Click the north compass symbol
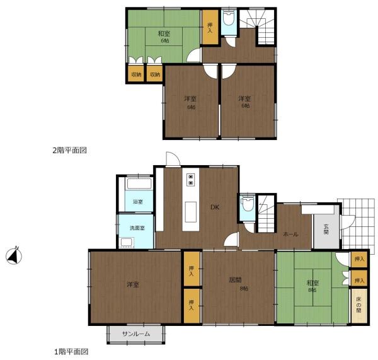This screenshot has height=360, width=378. coord(14,256)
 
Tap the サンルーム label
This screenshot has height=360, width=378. coord(136,334)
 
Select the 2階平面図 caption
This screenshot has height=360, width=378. coord(70,150)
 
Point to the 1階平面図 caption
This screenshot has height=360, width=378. coord(71,352)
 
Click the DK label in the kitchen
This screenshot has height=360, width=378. coord(215,207)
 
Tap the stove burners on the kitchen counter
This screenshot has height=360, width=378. coord(191,180)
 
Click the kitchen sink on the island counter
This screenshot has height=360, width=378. coord(191,212)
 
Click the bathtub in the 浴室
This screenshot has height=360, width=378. coord(139,183)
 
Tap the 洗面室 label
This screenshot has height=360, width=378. coord(137,228)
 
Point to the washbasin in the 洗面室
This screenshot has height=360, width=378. coord(127,242)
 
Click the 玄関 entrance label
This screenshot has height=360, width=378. coord(326,229)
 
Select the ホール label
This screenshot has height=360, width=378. coord(290,234)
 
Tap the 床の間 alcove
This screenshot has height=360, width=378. coord(359,306)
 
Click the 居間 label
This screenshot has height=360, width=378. coord(235,280)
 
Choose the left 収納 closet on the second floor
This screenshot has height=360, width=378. coord(136,74)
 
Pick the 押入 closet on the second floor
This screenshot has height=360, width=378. coord(210,27)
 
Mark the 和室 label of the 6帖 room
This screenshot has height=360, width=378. coord(164,33)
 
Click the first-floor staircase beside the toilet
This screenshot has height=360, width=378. coord(266,214)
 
